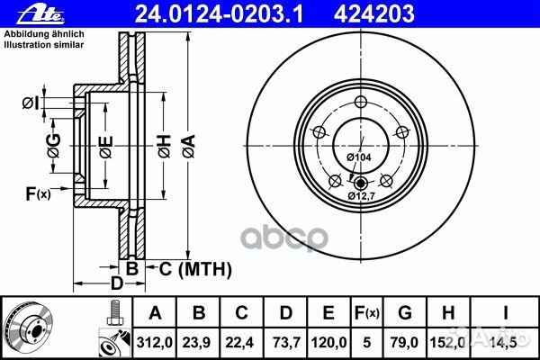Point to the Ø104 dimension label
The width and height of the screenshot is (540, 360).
pyautogui.click(x=358, y=157)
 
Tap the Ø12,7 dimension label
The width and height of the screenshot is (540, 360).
pyautogui.click(x=362, y=195)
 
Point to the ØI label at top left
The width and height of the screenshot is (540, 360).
pyautogui.click(x=30, y=103)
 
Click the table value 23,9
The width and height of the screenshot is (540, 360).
pyautogui.click(x=200, y=341)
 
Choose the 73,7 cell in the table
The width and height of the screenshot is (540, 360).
pyautogui.click(x=285, y=341)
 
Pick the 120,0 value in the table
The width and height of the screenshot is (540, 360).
pyautogui.click(x=328, y=341)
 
